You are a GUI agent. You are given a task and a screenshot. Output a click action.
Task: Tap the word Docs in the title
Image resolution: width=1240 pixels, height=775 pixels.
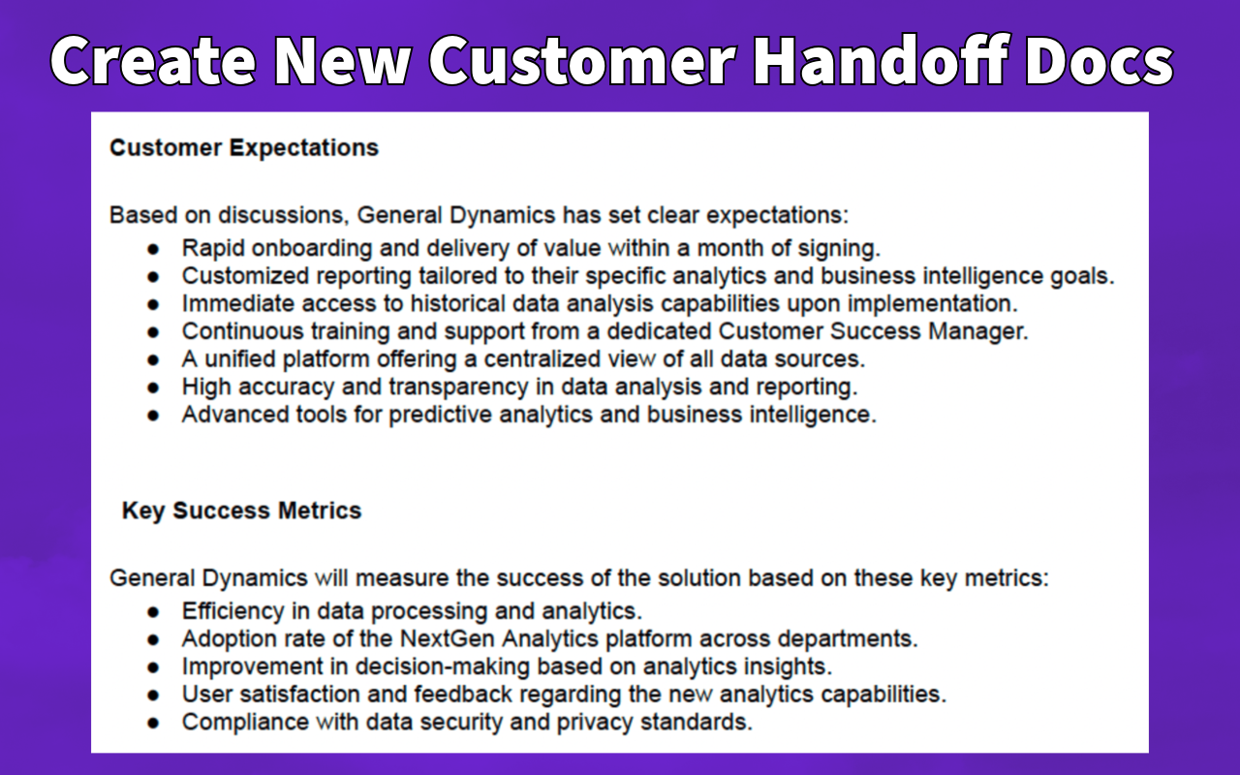(1099, 60)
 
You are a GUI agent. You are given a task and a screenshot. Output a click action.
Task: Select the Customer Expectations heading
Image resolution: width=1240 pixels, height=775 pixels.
(244, 148)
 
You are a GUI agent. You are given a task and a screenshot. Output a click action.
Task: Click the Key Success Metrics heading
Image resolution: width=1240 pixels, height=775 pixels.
(241, 511)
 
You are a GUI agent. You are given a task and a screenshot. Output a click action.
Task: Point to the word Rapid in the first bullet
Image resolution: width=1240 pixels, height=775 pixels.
(213, 248)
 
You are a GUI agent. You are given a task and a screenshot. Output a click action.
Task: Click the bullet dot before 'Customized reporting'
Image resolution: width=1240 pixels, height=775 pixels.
(153, 277)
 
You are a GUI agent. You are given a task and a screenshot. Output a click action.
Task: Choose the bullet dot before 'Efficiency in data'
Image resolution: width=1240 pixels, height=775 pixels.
(153, 612)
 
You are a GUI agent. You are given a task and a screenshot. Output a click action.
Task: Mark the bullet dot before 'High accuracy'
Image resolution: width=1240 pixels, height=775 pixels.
(153, 387)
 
